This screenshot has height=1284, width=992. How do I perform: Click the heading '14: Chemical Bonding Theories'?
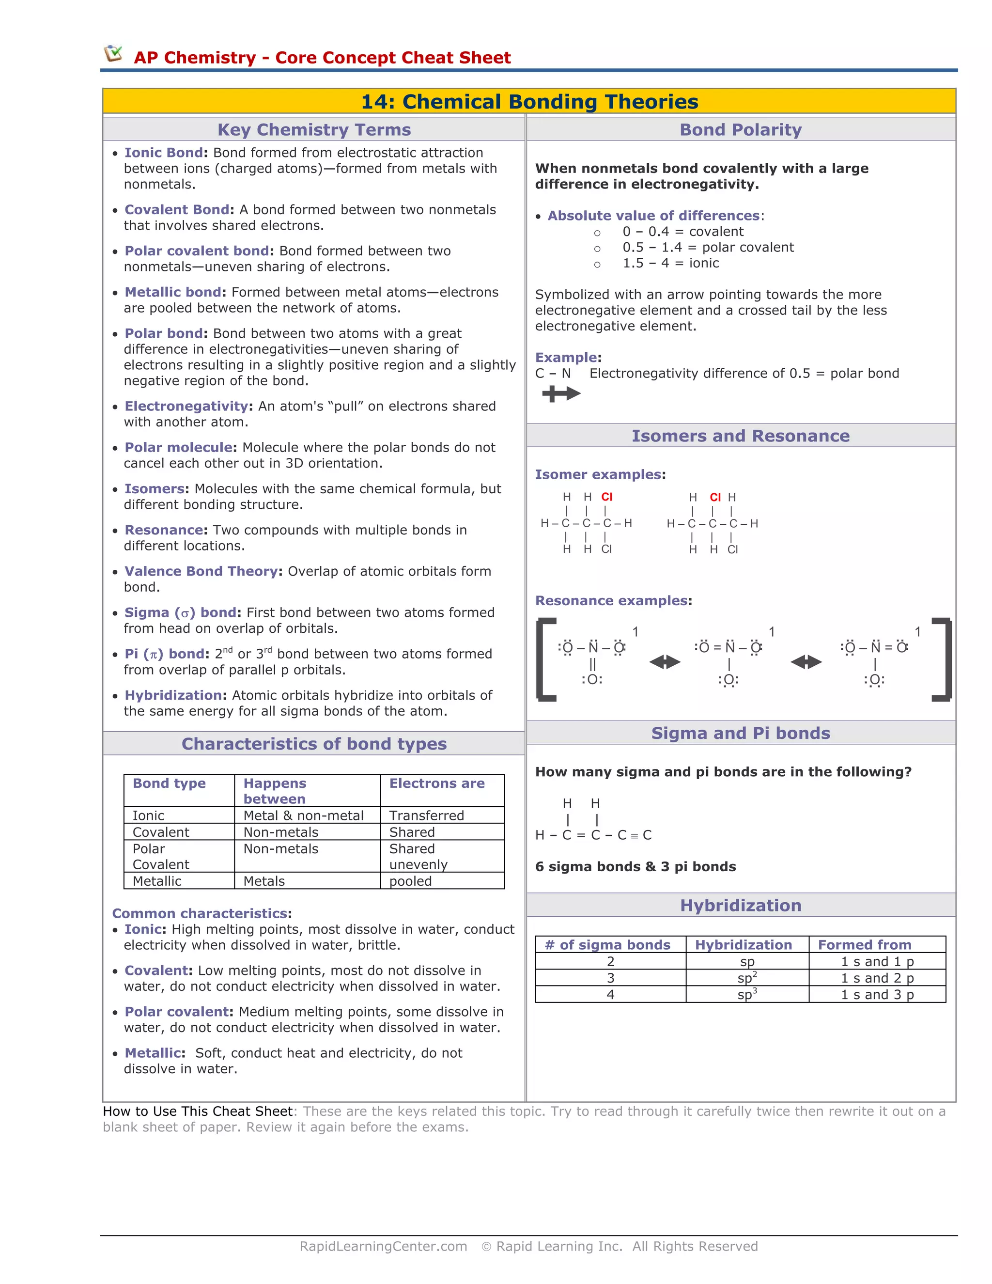click(529, 102)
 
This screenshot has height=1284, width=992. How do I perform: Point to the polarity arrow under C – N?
click(560, 394)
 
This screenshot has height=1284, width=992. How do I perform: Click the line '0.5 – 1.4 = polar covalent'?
click(708, 248)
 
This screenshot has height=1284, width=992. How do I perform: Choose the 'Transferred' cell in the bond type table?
click(426, 815)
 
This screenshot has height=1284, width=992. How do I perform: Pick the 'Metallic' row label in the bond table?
click(157, 881)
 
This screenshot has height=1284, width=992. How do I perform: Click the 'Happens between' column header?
click(275, 791)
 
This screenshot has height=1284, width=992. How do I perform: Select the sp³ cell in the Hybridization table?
click(747, 995)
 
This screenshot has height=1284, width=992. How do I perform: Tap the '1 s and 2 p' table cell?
click(877, 978)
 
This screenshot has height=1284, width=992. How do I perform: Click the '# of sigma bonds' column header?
click(607, 945)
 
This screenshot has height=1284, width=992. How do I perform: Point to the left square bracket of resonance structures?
click(545, 659)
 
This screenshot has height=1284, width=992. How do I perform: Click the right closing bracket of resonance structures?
click(943, 659)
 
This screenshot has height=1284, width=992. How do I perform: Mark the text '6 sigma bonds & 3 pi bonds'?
click(635, 867)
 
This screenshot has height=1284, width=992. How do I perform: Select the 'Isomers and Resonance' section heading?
click(741, 436)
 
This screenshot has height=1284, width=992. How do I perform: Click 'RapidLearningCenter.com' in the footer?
click(383, 1246)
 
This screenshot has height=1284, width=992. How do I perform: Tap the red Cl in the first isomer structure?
click(606, 497)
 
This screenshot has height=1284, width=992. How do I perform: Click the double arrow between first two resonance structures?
click(665, 662)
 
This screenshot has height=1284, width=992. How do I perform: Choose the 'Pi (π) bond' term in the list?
click(166, 654)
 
